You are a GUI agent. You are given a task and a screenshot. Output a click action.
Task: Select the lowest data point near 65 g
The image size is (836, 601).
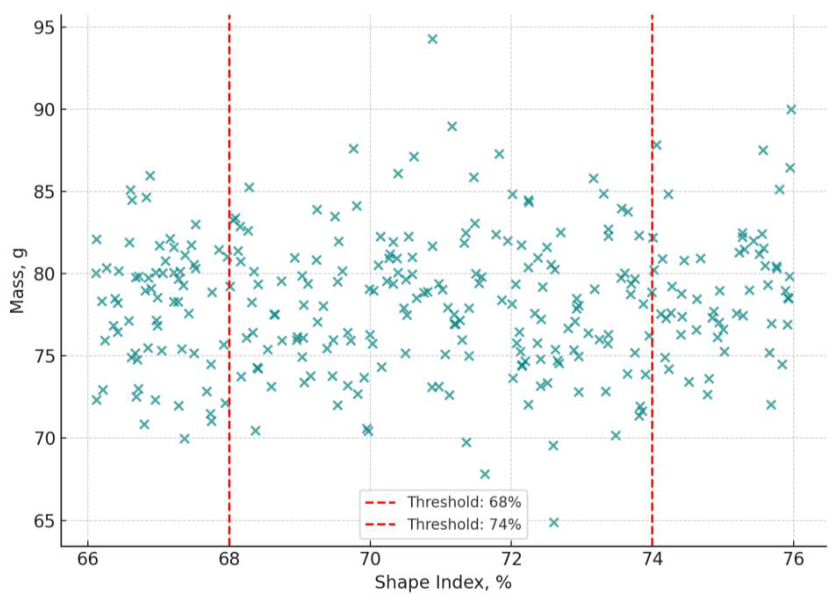[554, 522]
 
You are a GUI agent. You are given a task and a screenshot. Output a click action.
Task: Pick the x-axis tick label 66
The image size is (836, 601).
[87, 559]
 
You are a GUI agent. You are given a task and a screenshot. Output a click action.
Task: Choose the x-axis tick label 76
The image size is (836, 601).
[794, 559]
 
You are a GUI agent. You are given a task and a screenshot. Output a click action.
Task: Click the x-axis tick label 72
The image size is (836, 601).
[511, 559]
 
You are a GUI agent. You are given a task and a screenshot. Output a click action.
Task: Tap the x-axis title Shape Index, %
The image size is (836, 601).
[443, 583]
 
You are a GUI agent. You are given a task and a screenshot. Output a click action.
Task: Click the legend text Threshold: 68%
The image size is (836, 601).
[464, 502]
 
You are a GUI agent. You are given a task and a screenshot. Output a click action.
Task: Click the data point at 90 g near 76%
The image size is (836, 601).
[791, 109]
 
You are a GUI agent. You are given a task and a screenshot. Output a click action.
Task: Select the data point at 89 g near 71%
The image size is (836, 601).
[452, 126]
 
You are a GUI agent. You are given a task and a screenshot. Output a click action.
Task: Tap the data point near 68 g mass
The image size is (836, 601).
[485, 474]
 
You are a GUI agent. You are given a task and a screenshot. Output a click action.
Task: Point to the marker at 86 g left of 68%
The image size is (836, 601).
[150, 176]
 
